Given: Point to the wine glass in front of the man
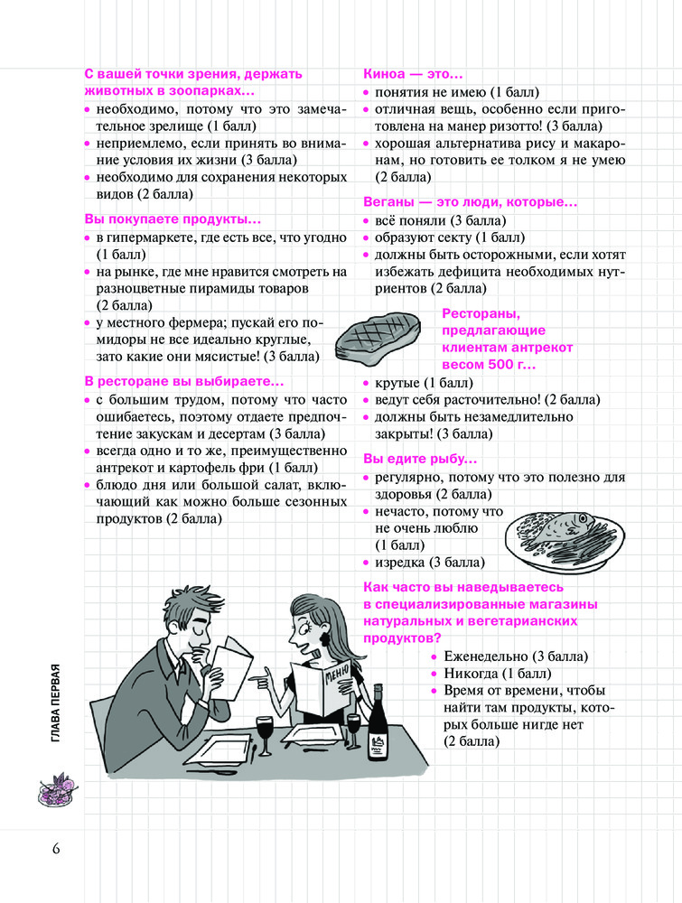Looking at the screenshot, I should (264, 731).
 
